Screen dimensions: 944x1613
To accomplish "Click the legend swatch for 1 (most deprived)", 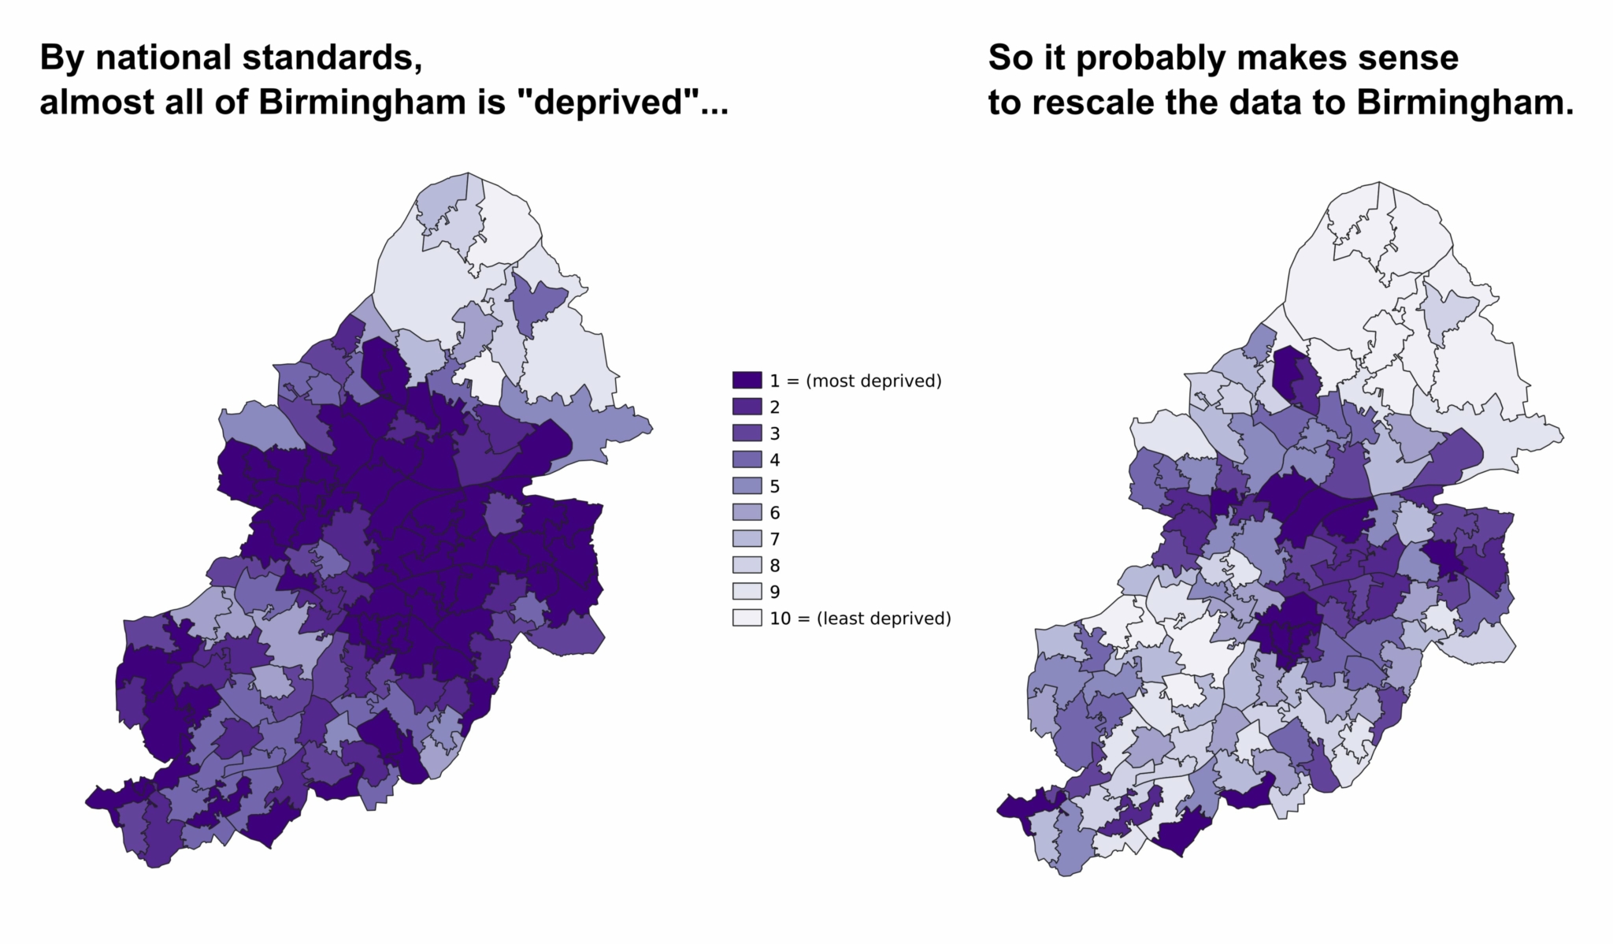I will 747,381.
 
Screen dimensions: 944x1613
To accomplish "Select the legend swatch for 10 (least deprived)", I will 747,618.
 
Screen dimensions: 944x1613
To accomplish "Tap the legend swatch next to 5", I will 747,486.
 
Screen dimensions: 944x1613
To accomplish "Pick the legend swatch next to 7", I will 747,539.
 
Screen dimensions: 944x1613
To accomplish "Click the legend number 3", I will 775,433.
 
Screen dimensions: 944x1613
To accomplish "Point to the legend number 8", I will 775,566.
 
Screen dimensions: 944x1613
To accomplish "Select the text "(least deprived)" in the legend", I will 884,619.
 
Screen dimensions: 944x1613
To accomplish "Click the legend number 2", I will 775,407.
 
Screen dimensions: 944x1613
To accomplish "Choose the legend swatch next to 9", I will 747,592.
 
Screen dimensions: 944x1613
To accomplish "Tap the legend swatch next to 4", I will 747,460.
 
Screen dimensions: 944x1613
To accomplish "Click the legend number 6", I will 775,513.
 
